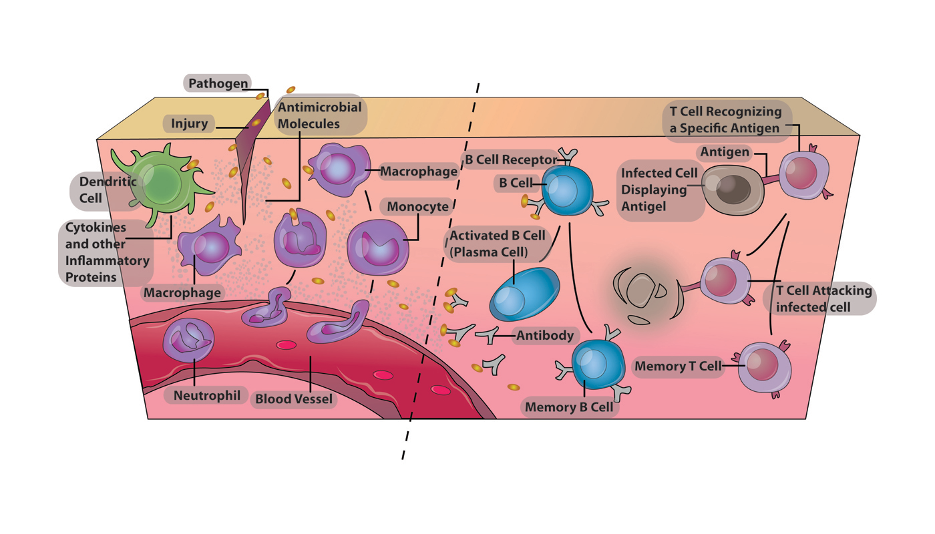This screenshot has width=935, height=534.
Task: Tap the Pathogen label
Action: [x=218, y=83]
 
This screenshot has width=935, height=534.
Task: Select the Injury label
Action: [x=189, y=123]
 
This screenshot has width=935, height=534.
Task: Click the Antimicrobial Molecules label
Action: [x=320, y=115]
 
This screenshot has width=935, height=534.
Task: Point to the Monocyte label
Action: [x=418, y=207]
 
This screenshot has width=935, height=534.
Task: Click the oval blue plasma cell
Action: [x=524, y=294]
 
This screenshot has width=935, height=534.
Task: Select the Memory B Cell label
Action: [x=568, y=407]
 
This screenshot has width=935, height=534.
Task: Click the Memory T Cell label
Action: [x=678, y=366]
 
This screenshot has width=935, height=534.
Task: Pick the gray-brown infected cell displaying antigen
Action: [x=731, y=190]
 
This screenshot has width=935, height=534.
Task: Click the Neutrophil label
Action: [x=206, y=395]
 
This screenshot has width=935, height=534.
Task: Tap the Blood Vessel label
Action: [x=293, y=399]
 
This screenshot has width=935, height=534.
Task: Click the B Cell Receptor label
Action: [x=509, y=160]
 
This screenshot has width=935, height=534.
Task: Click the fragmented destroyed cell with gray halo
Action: [x=641, y=294]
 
